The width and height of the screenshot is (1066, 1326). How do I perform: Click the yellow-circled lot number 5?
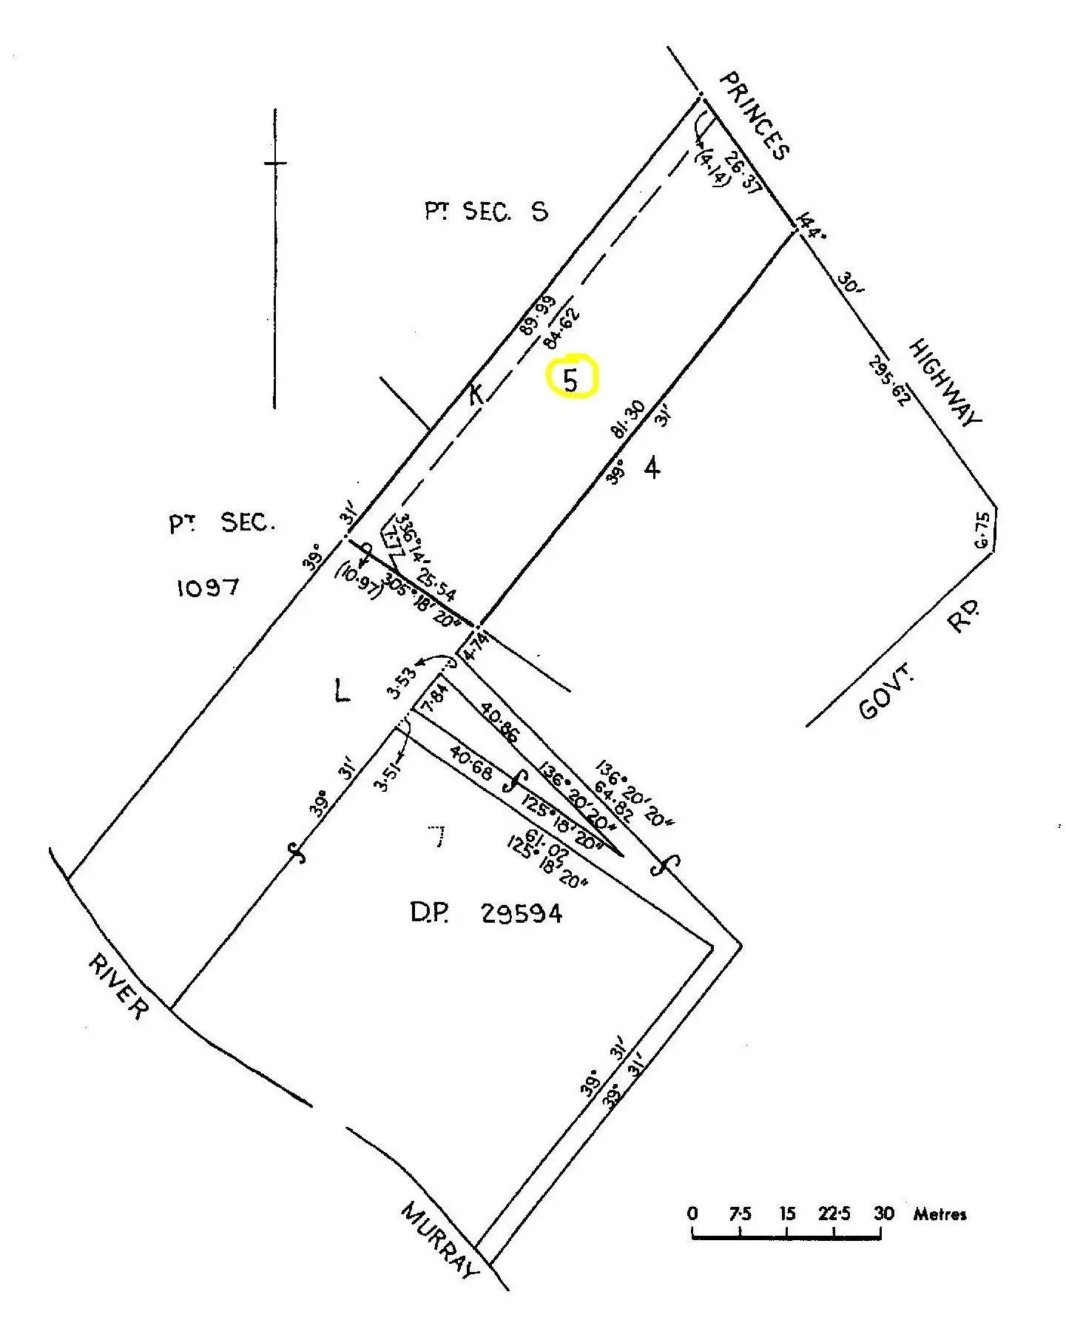(570, 379)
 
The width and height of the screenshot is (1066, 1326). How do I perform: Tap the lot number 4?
(652, 468)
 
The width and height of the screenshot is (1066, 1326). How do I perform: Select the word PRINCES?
(755, 115)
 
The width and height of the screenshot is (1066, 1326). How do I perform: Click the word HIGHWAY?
(945, 383)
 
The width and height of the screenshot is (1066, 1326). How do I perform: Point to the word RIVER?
(118, 986)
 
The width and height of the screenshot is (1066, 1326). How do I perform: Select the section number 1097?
(208, 588)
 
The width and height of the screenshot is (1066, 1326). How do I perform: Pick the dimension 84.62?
(562, 329)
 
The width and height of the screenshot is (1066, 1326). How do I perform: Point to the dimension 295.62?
(888, 382)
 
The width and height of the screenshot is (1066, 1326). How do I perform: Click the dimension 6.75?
(982, 531)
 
